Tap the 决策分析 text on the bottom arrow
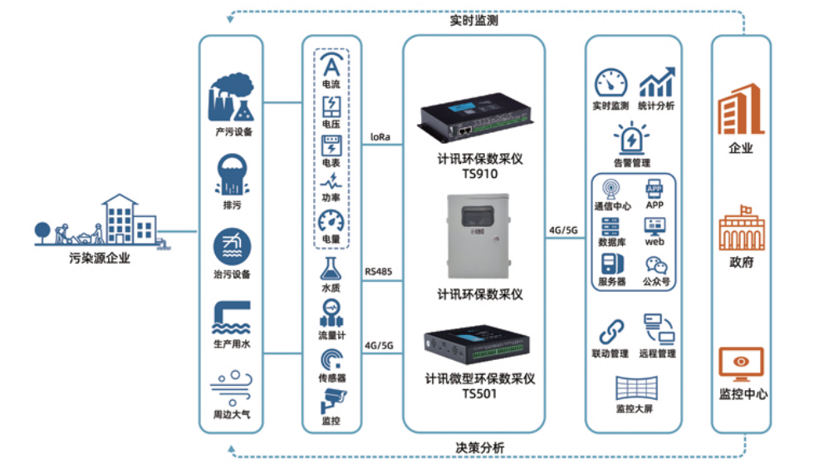click(479, 447)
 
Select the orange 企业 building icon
click(741, 109)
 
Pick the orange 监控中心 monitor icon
click(742, 363)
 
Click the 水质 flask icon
click(331, 269)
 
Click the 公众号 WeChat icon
click(656, 264)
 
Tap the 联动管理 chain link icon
click(610, 330)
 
